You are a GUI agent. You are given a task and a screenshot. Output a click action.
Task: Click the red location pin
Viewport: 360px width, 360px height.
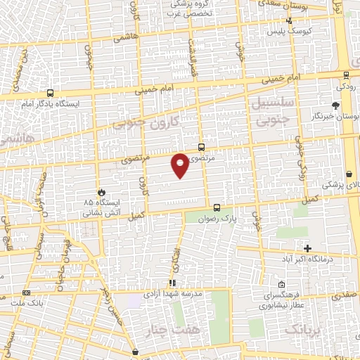tap(181, 164)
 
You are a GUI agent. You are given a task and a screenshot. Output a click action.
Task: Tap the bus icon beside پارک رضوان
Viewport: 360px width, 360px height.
tap(217, 207)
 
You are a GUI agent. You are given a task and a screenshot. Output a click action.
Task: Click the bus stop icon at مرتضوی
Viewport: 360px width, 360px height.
tap(202, 147)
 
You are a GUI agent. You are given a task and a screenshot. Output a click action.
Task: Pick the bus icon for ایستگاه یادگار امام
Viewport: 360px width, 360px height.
tap(50, 93)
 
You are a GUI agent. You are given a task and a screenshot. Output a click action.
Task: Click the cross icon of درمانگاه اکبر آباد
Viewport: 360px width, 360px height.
tap(307, 247)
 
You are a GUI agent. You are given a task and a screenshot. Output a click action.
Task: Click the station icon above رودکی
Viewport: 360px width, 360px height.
tap(348, 75)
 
